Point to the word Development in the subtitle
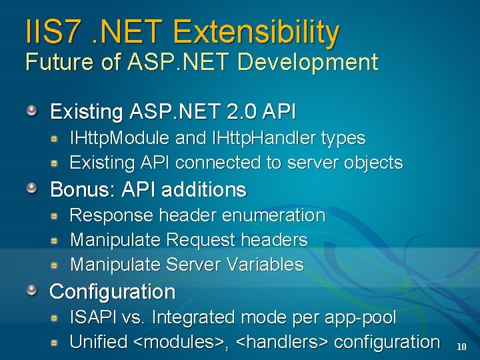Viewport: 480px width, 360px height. pyautogui.click(x=307, y=63)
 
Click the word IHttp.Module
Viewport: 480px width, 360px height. pyautogui.click(x=119, y=139)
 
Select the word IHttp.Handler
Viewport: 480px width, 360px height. pyautogui.click(x=263, y=139)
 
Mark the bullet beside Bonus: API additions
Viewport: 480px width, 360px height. pyautogui.click(x=32, y=189)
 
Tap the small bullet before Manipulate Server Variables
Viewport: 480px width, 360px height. pyautogui.click(x=58, y=265)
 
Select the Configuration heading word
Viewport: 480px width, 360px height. pyautogui.click(x=112, y=292)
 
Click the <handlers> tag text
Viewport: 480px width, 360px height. pyautogui.click(x=282, y=342)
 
